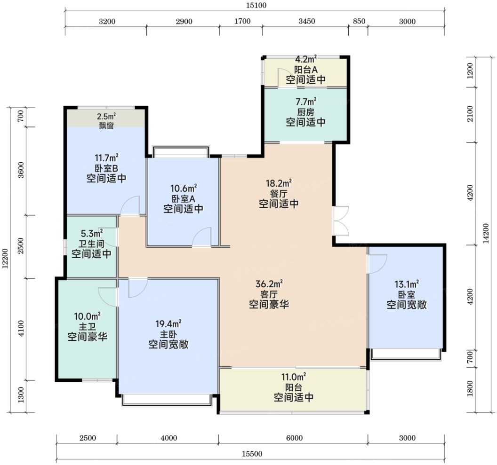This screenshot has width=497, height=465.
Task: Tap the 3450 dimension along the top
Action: click(306, 21)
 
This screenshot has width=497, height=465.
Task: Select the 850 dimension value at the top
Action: click(359, 21)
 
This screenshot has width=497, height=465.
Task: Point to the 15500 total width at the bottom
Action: click(252, 454)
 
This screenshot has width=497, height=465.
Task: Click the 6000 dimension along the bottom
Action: click(294, 438)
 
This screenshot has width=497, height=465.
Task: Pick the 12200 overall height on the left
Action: click(5, 259)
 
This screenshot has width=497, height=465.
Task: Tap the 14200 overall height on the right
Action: click(486, 233)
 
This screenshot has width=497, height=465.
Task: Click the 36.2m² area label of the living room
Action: click(269, 284)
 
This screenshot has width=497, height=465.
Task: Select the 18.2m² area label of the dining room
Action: click(279, 183)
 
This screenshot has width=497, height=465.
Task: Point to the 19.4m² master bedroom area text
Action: click(168, 323)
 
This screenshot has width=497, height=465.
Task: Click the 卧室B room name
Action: click(106, 168)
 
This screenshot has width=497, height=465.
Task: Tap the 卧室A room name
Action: click(183, 199)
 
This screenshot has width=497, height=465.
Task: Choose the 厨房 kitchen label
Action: click(305, 112)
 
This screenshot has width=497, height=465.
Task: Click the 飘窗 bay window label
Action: click(106, 126)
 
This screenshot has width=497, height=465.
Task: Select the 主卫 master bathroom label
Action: click(87, 326)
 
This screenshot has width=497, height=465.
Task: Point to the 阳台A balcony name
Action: click(305, 69)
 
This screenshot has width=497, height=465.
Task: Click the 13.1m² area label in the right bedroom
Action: click(407, 284)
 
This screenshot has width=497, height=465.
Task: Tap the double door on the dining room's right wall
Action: click(341, 221)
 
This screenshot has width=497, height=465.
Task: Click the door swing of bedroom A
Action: click(202, 237)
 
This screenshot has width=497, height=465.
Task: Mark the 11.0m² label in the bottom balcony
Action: click(294, 377)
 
